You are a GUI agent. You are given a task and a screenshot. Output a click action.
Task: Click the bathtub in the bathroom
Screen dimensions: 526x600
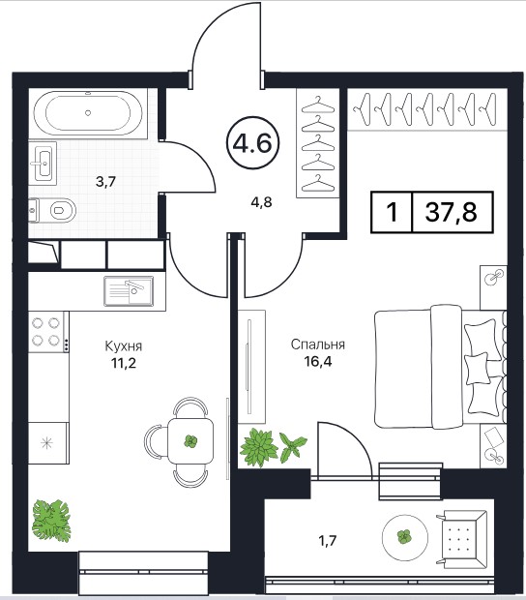(88, 113)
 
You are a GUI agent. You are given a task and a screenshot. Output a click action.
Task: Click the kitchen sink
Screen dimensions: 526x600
(129, 291)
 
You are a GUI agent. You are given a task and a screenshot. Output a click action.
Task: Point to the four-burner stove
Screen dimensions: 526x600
(46, 332)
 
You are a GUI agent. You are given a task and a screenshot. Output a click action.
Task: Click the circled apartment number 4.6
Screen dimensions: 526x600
(252, 143)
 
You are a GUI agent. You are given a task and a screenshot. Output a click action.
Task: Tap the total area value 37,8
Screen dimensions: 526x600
(452, 212)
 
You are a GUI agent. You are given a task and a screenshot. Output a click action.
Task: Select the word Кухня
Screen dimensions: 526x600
(124, 345)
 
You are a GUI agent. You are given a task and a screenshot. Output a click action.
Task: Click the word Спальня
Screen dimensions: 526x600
(318, 345)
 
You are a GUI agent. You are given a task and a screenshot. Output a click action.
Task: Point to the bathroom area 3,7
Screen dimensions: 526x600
(105, 181)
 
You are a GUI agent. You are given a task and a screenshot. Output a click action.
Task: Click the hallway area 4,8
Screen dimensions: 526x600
(261, 201)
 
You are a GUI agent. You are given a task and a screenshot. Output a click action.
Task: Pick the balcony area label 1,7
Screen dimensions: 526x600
(328, 540)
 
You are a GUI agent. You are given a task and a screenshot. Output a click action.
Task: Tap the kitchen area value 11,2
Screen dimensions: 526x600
(124, 362)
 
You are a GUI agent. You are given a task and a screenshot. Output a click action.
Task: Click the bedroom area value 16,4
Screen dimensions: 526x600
(318, 360)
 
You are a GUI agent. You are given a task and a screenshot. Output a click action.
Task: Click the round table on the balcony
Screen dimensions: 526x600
(405, 536)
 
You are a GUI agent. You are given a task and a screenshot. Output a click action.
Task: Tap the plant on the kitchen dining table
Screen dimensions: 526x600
(190, 441)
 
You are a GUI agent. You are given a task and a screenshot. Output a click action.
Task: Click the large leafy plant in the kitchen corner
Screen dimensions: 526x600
(51, 521)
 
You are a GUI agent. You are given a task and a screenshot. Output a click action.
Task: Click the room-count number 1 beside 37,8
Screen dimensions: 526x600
(392, 212)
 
